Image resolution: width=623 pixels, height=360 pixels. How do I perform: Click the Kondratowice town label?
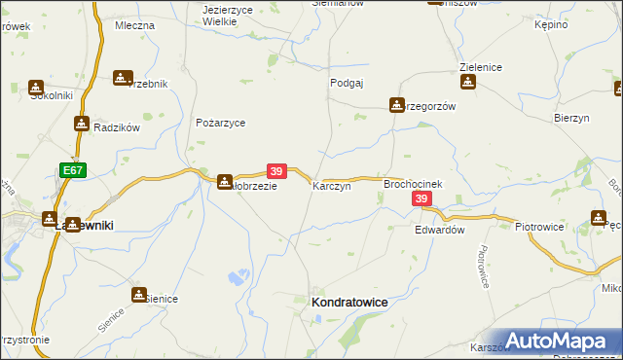(x=348, y=304)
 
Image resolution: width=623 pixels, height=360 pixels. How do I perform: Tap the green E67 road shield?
(x=72, y=169)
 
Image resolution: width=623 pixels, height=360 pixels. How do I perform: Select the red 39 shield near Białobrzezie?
(x=276, y=170)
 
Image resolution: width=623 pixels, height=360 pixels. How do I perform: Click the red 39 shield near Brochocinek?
(x=421, y=198)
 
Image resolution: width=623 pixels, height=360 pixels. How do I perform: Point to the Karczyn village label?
(x=331, y=185)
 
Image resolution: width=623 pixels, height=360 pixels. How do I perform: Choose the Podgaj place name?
(x=347, y=84)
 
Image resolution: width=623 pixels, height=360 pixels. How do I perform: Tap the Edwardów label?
(x=439, y=231)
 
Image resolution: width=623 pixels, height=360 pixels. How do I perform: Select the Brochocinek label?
(x=414, y=183)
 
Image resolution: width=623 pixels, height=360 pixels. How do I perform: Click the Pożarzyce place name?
(x=220, y=124)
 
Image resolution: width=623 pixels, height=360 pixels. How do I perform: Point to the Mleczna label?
(x=134, y=25)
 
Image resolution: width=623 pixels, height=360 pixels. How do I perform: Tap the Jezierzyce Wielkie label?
(x=228, y=15)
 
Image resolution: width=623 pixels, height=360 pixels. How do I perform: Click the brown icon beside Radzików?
(x=81, y=124)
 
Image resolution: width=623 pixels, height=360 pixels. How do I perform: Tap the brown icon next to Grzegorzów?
(x=397, y=104)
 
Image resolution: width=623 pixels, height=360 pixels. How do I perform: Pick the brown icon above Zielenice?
(x=468, y=84)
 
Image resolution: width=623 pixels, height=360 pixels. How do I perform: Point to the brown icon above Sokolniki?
(x=37, y=87)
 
